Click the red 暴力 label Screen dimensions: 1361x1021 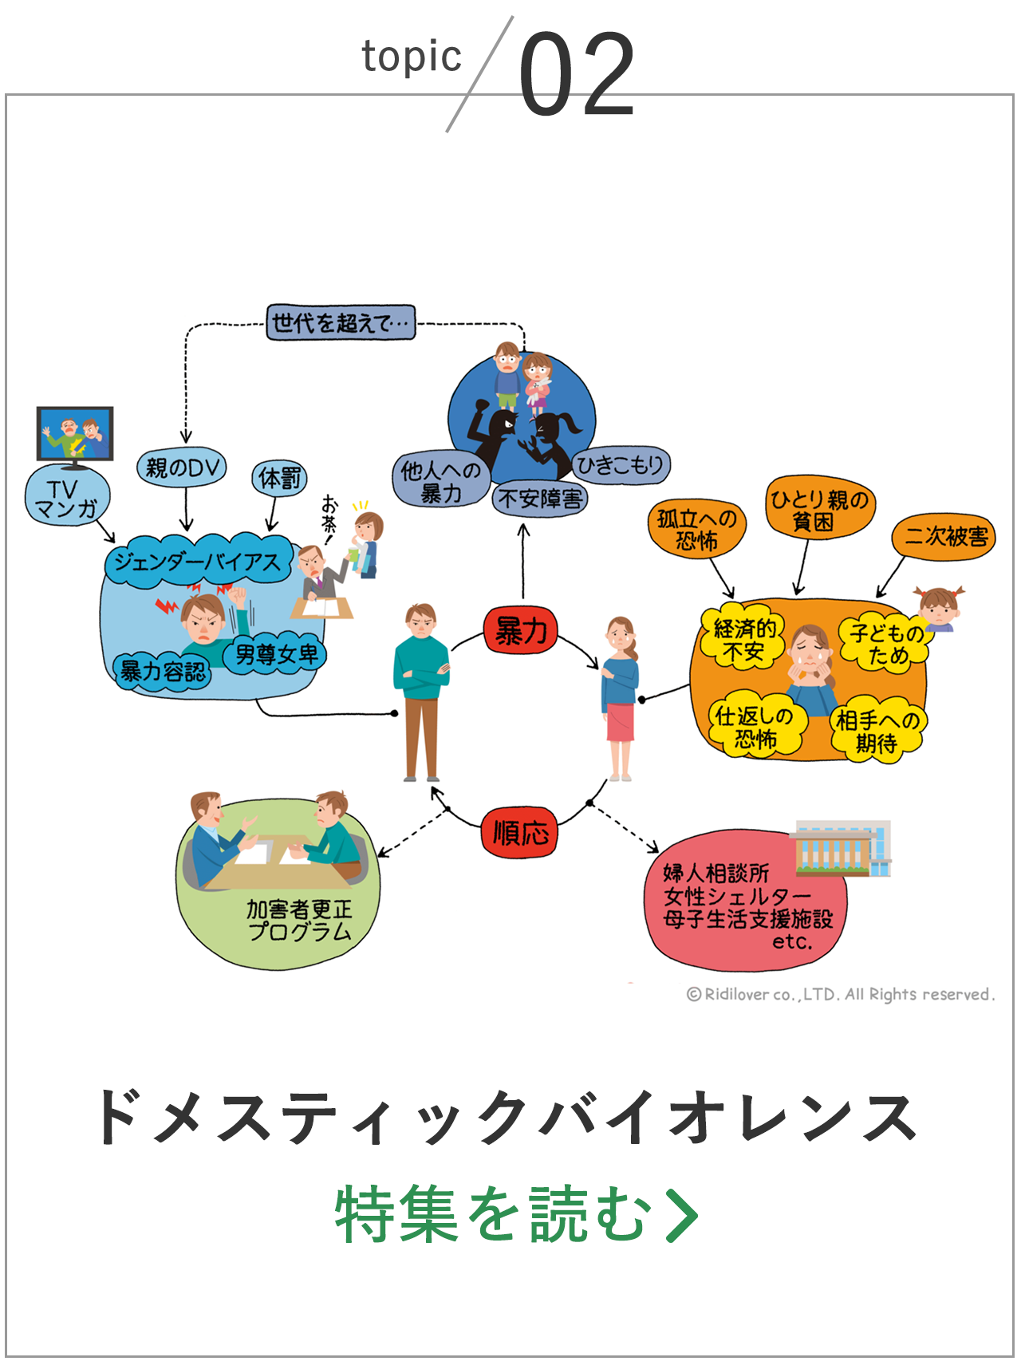click(521, 631)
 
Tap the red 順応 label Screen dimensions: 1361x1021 click(520, 833)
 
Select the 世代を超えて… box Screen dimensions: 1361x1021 click(341, 322)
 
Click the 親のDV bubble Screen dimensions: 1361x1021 click(182, 467)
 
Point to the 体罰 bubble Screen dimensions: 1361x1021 click(280, 478)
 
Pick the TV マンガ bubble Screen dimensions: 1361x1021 click(67, 499)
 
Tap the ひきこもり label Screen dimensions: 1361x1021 click(621, 464)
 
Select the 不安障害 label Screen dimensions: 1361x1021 click(539, 499)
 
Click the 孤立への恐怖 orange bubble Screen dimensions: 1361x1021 click(696, 529)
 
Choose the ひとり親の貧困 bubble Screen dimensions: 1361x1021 click(818, 509)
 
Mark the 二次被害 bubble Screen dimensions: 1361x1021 click(944, 537)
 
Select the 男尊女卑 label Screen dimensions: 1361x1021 click(275, 655)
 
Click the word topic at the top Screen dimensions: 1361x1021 click(412, 57)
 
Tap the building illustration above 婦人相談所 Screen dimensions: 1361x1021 click(841, 848)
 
